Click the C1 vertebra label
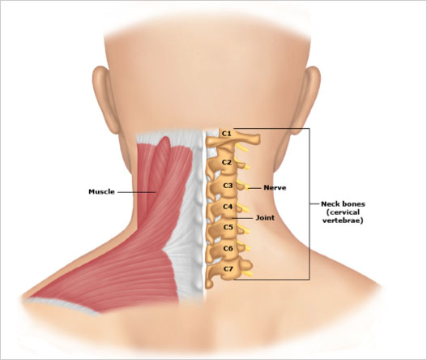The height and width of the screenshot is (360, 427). point(226,134)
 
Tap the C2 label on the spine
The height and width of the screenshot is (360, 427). point(227,162)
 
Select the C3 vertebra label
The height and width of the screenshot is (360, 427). point(228,186)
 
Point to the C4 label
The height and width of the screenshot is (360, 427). point(228,207)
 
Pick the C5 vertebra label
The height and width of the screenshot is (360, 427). point(228,227)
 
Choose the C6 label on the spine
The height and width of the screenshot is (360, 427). point(228,248)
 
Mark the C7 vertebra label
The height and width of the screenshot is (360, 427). point(228,269)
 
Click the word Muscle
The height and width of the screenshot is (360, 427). point(101,191)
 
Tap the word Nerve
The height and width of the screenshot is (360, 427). point(275,188)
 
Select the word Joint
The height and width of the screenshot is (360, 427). point(265,218)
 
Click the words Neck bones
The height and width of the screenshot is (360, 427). point(343,204)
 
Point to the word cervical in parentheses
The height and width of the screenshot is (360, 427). point(343,212)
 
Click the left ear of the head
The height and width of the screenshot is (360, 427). point(104,100)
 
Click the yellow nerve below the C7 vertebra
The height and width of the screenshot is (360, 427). point(247,273)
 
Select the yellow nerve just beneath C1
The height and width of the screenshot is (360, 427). point(241,148)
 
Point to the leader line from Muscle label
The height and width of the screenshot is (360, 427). point(136,192)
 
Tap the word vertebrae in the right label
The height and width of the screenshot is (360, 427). point(343,221)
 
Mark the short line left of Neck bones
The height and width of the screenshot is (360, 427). point(314,204)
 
